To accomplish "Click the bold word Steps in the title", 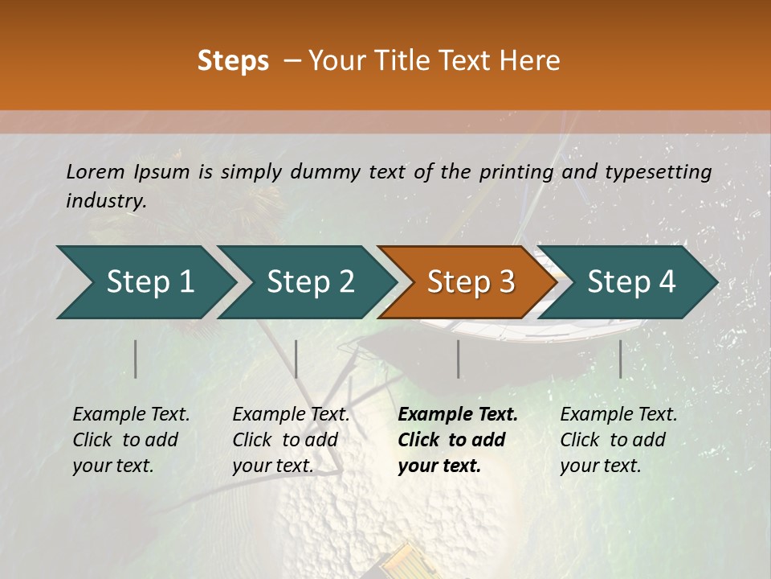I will (233, 61).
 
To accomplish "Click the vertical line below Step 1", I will (136, 359).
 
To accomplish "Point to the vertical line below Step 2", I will (296, 359).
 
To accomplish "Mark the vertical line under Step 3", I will (459, 359).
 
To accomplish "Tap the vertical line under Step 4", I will (621, 359).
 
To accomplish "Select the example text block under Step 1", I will (131, 440).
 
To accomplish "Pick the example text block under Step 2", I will (291, 440).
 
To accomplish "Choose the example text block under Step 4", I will (618, 440).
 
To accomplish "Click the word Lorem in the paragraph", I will (96, 171).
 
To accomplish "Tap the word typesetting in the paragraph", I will (658, 172).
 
